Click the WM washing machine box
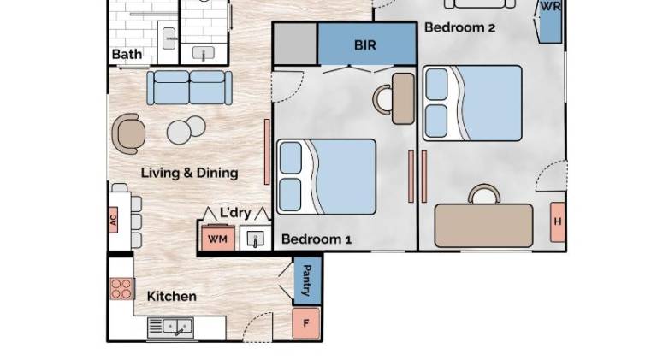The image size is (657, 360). point(218,239)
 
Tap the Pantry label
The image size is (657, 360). point(307,280)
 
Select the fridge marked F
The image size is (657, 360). point(306,323)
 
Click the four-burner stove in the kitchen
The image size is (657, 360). point(121,289)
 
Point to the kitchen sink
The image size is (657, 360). point(170,328)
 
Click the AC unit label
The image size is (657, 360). point(113,220)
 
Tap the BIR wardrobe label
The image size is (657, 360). point(365,45)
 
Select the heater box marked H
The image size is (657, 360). point(558,221)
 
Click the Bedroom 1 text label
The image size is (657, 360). point(317,239)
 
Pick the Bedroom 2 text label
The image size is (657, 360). point(459,27)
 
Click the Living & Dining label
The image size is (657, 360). point(189,173)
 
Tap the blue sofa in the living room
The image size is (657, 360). point(189,87)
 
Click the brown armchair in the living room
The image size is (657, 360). point(128,134)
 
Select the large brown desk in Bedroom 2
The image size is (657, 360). point(484,226)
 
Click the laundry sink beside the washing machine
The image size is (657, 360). point(255,239)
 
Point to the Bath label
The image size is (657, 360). point(127,55)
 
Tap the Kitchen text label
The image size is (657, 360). point(172,297)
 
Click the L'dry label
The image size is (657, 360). point(235,213)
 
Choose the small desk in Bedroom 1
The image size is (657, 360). point(403,99)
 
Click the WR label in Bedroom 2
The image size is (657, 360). point(551,7)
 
